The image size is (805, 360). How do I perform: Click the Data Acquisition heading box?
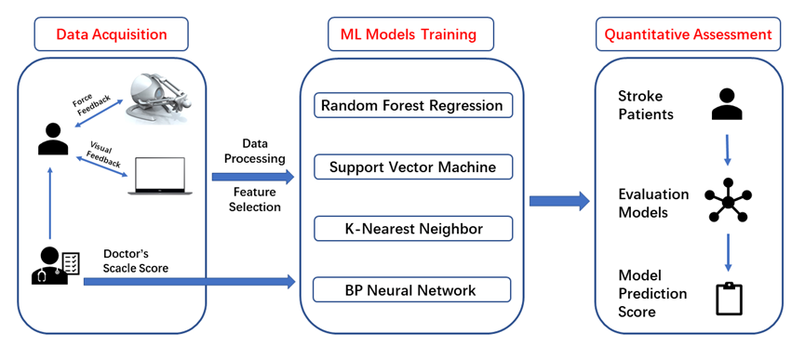[x=112, y=34]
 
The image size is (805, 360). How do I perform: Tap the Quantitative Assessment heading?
[x=688, y=34]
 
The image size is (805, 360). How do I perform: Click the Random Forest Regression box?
[x=413, y=105]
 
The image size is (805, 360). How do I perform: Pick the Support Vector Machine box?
[x=413, y=167]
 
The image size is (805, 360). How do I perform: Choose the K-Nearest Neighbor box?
[x=413, y=228]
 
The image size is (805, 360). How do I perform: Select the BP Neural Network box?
[x=411, y=289]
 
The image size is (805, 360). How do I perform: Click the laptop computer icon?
[x=160, y=176]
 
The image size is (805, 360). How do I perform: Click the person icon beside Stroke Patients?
[x=727, y=104]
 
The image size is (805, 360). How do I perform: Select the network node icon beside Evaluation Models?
[x=728, y=201]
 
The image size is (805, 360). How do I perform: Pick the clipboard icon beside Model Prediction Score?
[x=730, y=299]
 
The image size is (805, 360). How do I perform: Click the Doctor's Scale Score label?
[x=136, y=260]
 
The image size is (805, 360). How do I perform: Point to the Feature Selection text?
[x=255, y=199]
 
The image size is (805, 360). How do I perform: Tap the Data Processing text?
[x=255, y=152]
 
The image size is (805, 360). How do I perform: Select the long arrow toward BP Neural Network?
[x=190, y=282]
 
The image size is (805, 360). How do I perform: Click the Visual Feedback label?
[x=105, y=153]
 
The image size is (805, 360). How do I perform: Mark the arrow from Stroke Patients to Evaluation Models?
[x=727, y=150]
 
